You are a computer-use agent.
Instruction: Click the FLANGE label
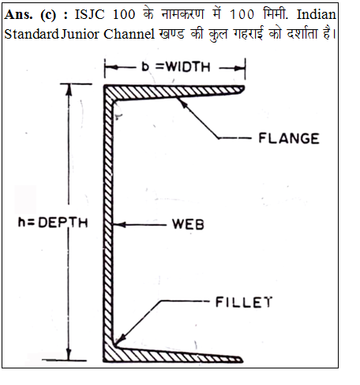pyautogui.click(x=289, y=138)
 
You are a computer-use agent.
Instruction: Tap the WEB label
pyautogui.click(x=188, y=225)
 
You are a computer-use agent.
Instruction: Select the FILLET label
pyautogui.click(x=244, y=302)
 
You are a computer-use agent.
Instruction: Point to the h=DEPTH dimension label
pyautogui.click(x=53, y=222)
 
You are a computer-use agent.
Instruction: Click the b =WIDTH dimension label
pyautogui.click(x=176, y=67)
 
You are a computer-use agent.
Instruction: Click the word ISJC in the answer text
pyautogui.click(x=89, y=14)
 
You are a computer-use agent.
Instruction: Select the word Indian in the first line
pyautogui.click(x=317, y=14)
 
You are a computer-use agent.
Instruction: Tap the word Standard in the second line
pyautogui.click(x=32, y=34)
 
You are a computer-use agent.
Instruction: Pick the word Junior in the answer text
pyautogui.click(x=81, y=34)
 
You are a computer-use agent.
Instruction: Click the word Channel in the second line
pyautogui.click(x=129, y=34)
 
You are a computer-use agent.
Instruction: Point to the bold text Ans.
pyautogui.click(x=18, y=14)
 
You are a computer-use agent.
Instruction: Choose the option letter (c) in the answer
pyautogui.click(x=48, y=15)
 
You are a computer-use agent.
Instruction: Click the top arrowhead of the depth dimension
pyautogui.click(x=69, y=90)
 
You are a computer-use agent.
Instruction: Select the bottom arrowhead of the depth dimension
pyautogui.click(x=69, y=354)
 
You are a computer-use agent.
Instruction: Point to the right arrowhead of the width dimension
pyautogui.click(x=239, y=68)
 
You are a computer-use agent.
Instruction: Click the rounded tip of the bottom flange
pyautogui.click(x=241, y=360)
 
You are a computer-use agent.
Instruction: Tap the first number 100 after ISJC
pyautogui.click(x=124, y=14)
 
